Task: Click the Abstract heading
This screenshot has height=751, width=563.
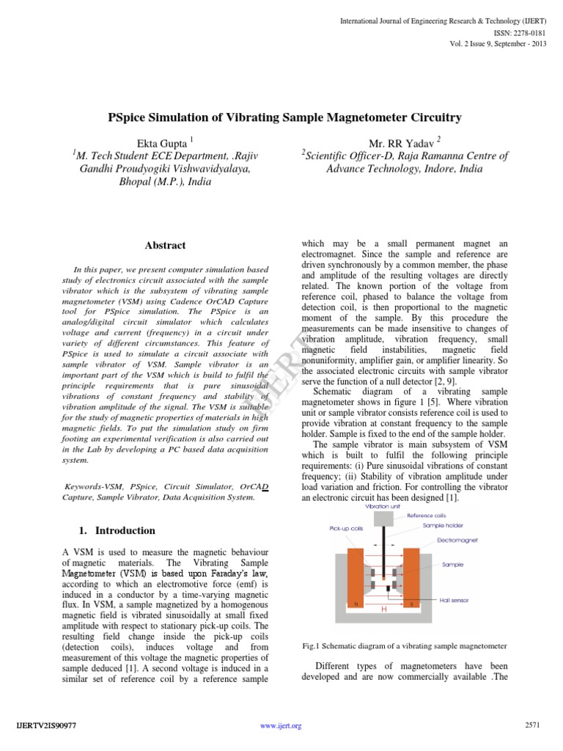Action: tap(165, 245)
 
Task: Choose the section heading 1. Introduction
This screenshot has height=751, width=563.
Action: tap(116, 530)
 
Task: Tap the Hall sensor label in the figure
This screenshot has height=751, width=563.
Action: tap(455, 600)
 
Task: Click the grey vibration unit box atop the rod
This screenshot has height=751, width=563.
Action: tap(384, 519)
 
